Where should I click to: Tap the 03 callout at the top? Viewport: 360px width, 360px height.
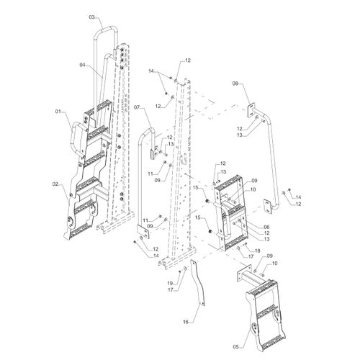click(92, 16)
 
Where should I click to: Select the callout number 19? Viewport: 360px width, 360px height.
click(170, 283)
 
